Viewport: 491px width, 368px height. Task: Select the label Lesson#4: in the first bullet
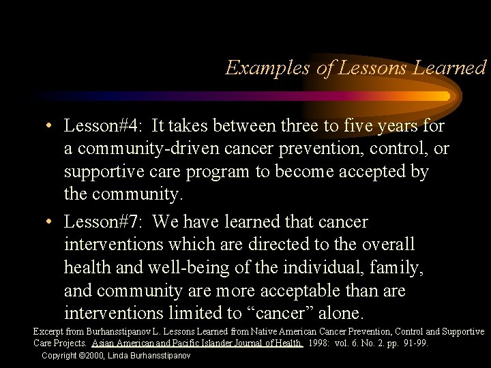102,126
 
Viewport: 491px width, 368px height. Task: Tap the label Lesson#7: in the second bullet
102,222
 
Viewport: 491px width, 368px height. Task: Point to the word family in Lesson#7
398,268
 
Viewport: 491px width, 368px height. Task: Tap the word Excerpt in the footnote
46,332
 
